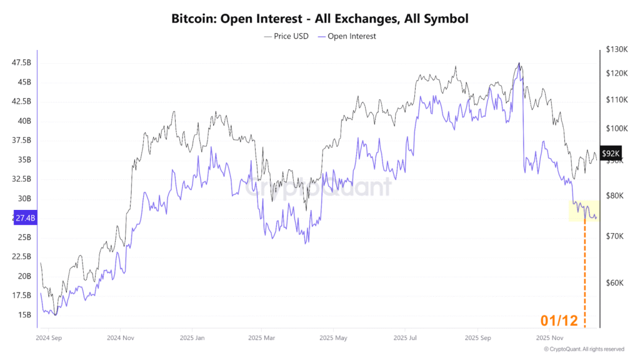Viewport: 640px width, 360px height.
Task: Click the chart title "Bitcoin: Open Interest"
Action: click(319, 19)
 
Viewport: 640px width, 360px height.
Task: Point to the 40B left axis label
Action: click(24, 121)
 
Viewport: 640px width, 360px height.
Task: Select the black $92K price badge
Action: click(610, 153)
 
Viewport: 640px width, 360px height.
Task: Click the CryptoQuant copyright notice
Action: click(584, 349)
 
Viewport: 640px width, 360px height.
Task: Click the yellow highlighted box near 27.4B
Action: click(584, 211)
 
